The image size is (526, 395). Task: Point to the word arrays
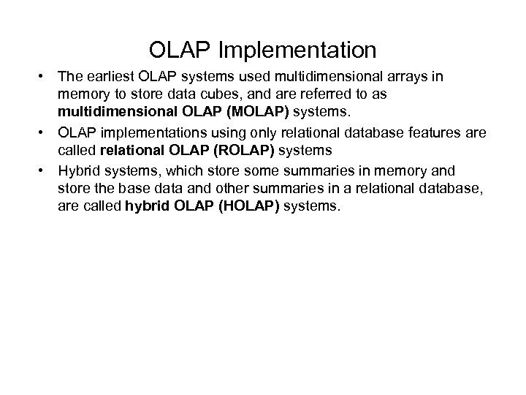[x=422, y=77]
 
